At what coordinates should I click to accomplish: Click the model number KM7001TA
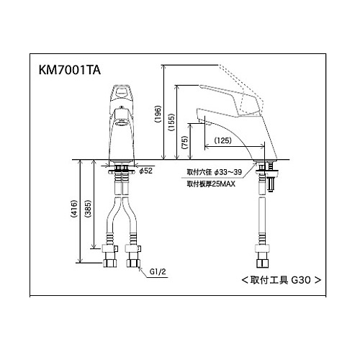click(x=70, y=71)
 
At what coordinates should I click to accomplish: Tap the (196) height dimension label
click(x=158, y=114)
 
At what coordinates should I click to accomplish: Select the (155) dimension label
click(x=171, y=122)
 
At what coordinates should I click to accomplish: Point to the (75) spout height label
click(x=185, y=143)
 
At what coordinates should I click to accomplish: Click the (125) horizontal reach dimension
click(x=223, y=140)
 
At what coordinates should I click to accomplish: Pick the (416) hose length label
click(x=74, y=209)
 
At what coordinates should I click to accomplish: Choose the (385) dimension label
click(x=88, y=209)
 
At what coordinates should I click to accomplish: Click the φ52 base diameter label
click(x=146, y=171)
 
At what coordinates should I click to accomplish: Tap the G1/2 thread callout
click(x=158, y=271)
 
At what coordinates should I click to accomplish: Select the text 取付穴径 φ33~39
click(x=215, y=172)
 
